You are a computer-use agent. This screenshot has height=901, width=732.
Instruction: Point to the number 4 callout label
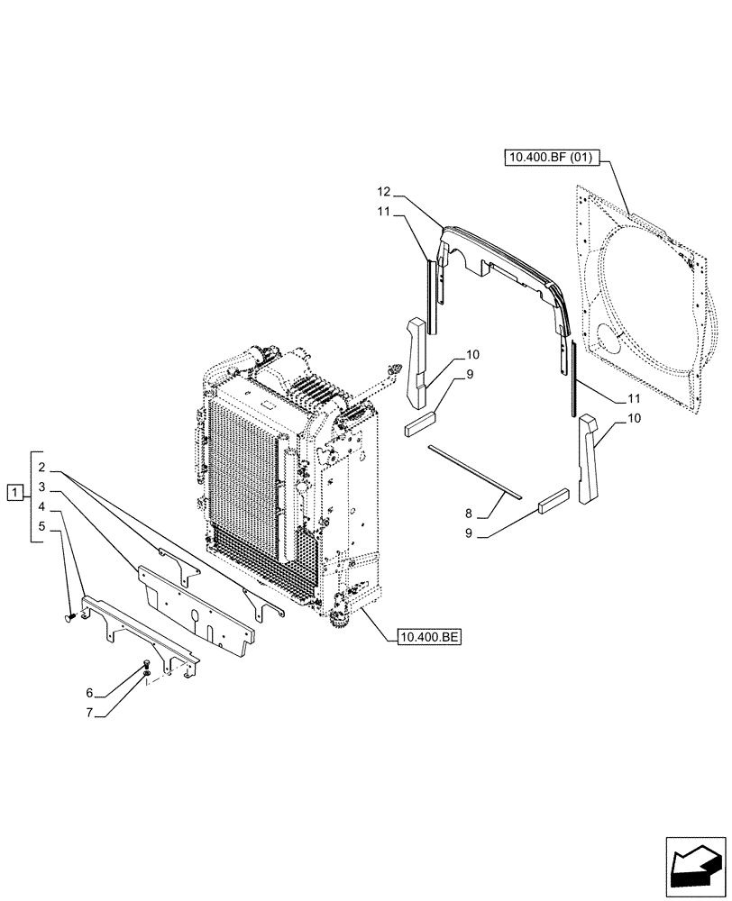[41, 507]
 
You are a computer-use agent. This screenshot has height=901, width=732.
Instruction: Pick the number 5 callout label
[41, 525]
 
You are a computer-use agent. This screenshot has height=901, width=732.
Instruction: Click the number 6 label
[90, 693]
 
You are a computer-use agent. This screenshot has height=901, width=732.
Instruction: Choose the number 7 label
[90, 713]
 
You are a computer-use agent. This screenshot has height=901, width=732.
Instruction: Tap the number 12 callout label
[383, 192]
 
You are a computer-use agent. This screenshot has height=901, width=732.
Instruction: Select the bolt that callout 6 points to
[146, 666]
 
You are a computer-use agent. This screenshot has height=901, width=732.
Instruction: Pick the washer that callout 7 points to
[145, 674]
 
